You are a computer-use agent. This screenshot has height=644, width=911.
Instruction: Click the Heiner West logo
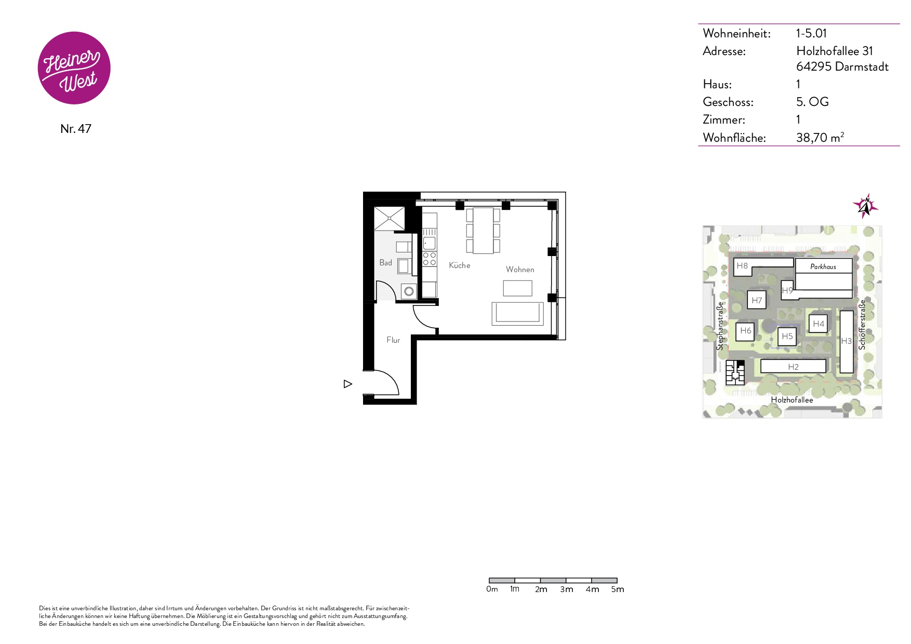(x=74, y=68)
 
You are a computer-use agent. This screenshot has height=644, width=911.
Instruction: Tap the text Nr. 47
(x=76, y=129)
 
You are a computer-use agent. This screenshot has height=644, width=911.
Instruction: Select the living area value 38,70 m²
(x=820, y=137)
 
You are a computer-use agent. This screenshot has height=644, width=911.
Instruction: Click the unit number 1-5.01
(x=811, y=33)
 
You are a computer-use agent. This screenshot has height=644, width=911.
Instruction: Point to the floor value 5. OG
(x=812, y=102)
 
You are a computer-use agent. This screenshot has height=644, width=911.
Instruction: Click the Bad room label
(x=385, y=263)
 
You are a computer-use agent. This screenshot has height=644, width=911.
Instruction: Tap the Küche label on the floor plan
(x=460, y=265)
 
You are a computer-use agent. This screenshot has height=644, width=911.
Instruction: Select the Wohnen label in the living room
(x=520, y=270)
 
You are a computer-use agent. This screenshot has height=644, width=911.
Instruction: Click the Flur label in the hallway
(x=393, y=340)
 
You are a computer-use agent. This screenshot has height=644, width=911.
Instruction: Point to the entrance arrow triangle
(x=348, y=384)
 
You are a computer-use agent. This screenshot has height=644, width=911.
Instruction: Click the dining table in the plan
(x=483, y=231)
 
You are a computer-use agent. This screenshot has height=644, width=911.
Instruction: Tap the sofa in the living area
(x=517, y=313)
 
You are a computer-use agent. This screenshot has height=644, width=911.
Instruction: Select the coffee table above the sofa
(x=517, y=288)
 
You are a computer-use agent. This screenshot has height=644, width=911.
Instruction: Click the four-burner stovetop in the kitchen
(x=430, y=259)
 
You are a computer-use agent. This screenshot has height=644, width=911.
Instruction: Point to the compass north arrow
(x=865, y=206)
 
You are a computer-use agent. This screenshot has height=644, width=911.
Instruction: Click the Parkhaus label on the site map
(x=823, y=267)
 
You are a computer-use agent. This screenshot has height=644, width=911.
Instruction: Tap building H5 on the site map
(x=787, y=337)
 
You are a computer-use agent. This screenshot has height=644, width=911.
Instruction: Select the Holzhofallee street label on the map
(x=792, y=400)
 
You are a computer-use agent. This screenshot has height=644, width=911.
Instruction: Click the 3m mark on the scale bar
(x=567, y=589)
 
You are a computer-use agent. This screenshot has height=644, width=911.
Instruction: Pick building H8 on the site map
(x=742, y=266)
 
